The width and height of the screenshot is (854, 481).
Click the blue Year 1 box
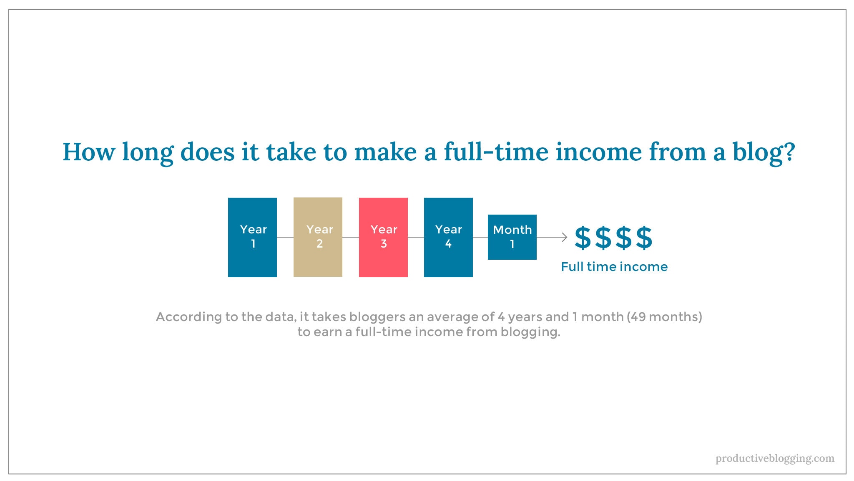(252, 237)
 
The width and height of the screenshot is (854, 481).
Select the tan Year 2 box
(318, 237)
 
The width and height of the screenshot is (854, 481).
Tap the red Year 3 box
(383, 237)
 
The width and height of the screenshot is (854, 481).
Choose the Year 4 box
(448, 237)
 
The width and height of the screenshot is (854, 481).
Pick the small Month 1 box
(512, 237)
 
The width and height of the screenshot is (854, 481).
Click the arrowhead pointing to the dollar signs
(565, 237)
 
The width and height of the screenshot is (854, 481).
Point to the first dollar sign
(583, 238)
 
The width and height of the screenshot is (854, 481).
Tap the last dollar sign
(644, 238)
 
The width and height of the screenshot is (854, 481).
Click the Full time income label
(614, 266)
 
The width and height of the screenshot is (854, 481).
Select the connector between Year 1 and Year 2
(285, 237)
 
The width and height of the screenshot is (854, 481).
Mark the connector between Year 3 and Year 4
(416, 237)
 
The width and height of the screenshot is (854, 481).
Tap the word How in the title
(88, 152)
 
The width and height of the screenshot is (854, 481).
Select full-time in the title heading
(496, 152)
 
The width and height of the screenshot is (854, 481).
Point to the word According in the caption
(189, 317)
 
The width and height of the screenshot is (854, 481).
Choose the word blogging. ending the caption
(530, 332)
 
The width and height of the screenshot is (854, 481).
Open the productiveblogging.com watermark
(775, 458)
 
